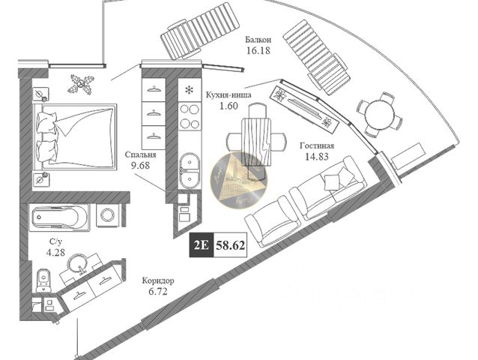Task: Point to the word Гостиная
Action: point(316,146)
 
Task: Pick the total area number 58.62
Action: point(230,244)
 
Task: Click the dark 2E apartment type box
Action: point(202,244)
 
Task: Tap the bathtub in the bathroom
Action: point(59,217)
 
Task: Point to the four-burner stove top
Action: point(190,115)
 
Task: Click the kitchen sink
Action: point(188,169)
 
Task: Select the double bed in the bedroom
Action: point(75,136)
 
